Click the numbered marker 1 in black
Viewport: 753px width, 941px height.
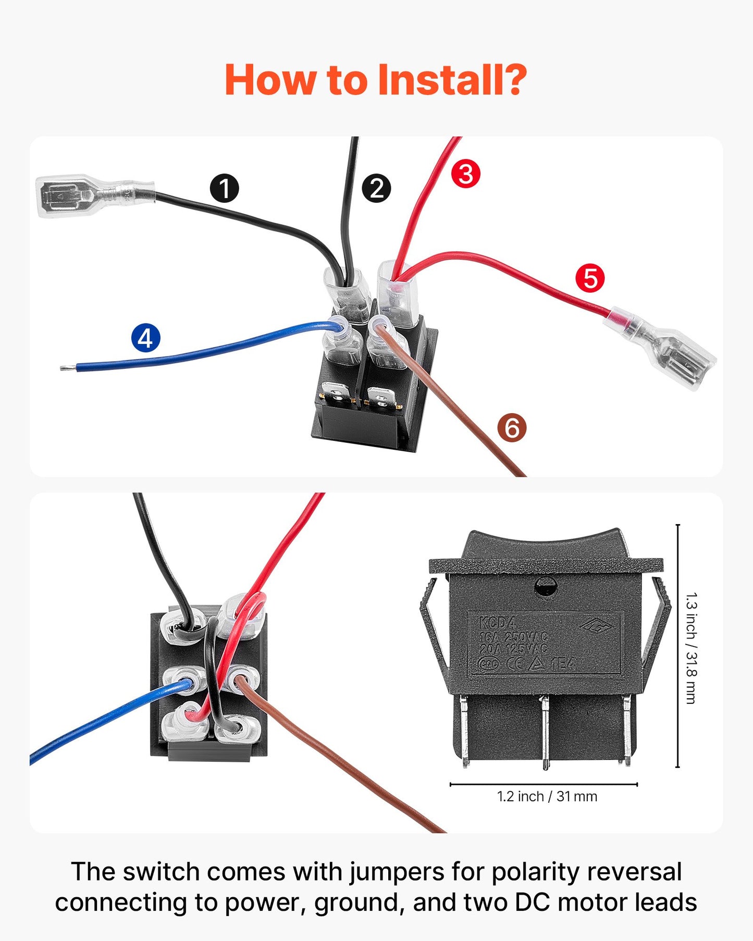225,189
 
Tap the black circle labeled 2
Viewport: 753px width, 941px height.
376,189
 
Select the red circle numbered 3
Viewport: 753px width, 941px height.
465,174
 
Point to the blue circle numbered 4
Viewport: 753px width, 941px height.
146,338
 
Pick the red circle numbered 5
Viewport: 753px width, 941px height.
590,278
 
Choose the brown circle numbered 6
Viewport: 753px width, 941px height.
512,428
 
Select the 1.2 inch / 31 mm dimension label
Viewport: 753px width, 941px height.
547,796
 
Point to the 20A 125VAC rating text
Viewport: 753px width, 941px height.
513,648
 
